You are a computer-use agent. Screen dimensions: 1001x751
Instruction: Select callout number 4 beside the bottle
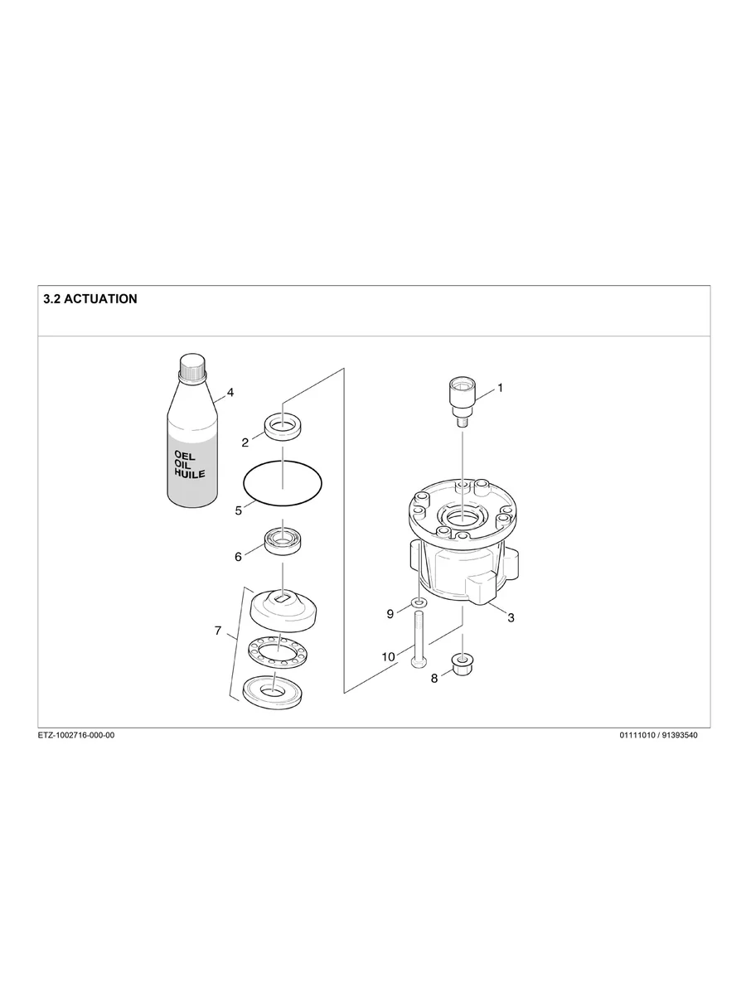230,393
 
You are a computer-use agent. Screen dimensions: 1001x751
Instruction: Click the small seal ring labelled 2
283,428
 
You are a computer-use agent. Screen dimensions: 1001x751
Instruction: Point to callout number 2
245,442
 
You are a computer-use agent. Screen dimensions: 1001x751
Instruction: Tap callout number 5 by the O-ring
239,510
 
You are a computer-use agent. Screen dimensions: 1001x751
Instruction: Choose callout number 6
238,557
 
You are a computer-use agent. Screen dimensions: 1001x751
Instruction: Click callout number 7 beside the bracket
218,631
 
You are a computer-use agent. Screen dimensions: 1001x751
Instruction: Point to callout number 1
500,387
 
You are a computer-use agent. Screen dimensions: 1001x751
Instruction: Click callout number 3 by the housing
511,617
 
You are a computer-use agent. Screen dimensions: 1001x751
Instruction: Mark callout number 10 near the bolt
388,656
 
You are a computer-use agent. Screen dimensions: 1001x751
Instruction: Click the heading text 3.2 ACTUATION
90,299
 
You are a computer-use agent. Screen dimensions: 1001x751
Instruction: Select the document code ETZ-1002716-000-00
76,736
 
